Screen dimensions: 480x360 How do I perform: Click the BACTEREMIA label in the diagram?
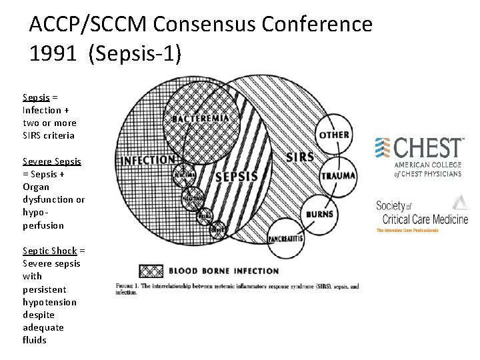[x=200, y=119]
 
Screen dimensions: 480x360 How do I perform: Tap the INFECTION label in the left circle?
[x=147, y=160]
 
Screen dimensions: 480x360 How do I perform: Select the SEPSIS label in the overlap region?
[x=236, y=177]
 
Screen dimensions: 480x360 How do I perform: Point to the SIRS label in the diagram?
[x=299, y=157]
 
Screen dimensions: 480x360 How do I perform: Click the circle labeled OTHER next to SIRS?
[x=334, y=135]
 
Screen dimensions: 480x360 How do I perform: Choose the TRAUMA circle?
[x=338, y=176]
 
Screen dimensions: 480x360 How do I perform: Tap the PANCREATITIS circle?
[x=286, y=239]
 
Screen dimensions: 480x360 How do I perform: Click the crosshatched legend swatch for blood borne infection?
[x=151, y=271]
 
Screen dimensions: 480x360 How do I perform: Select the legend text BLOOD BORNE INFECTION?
[x=223, y=271]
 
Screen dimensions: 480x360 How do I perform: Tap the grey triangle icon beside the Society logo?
[x=461, y=202]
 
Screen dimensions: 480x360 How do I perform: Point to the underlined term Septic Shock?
[x=50, y=251]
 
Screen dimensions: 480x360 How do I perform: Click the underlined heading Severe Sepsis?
[x=52, y=161]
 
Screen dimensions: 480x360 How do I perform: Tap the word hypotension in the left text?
[x=49, y=302]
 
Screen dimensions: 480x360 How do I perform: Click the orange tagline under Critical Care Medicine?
[x=407, y=231]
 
